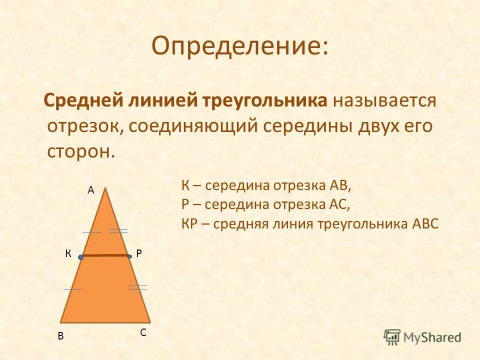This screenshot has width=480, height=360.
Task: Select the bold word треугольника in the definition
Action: [264, 100]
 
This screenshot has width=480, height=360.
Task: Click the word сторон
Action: [80, 151]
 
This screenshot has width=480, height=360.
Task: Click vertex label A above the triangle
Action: [91, 190]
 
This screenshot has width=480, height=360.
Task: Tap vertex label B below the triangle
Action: [60, 336]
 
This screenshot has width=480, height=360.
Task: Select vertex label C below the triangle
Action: [143, 332]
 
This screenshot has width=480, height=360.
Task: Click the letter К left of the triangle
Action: [67, 254]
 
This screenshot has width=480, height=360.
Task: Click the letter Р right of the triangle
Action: [139, 254]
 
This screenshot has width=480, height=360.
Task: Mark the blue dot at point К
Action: [80, 257]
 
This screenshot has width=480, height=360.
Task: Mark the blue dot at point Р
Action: [129, 256]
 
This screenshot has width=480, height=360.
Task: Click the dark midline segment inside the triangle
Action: [105, 255]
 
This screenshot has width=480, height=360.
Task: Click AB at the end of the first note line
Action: [340, 186]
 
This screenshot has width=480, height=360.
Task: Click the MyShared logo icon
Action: [392, 336]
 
